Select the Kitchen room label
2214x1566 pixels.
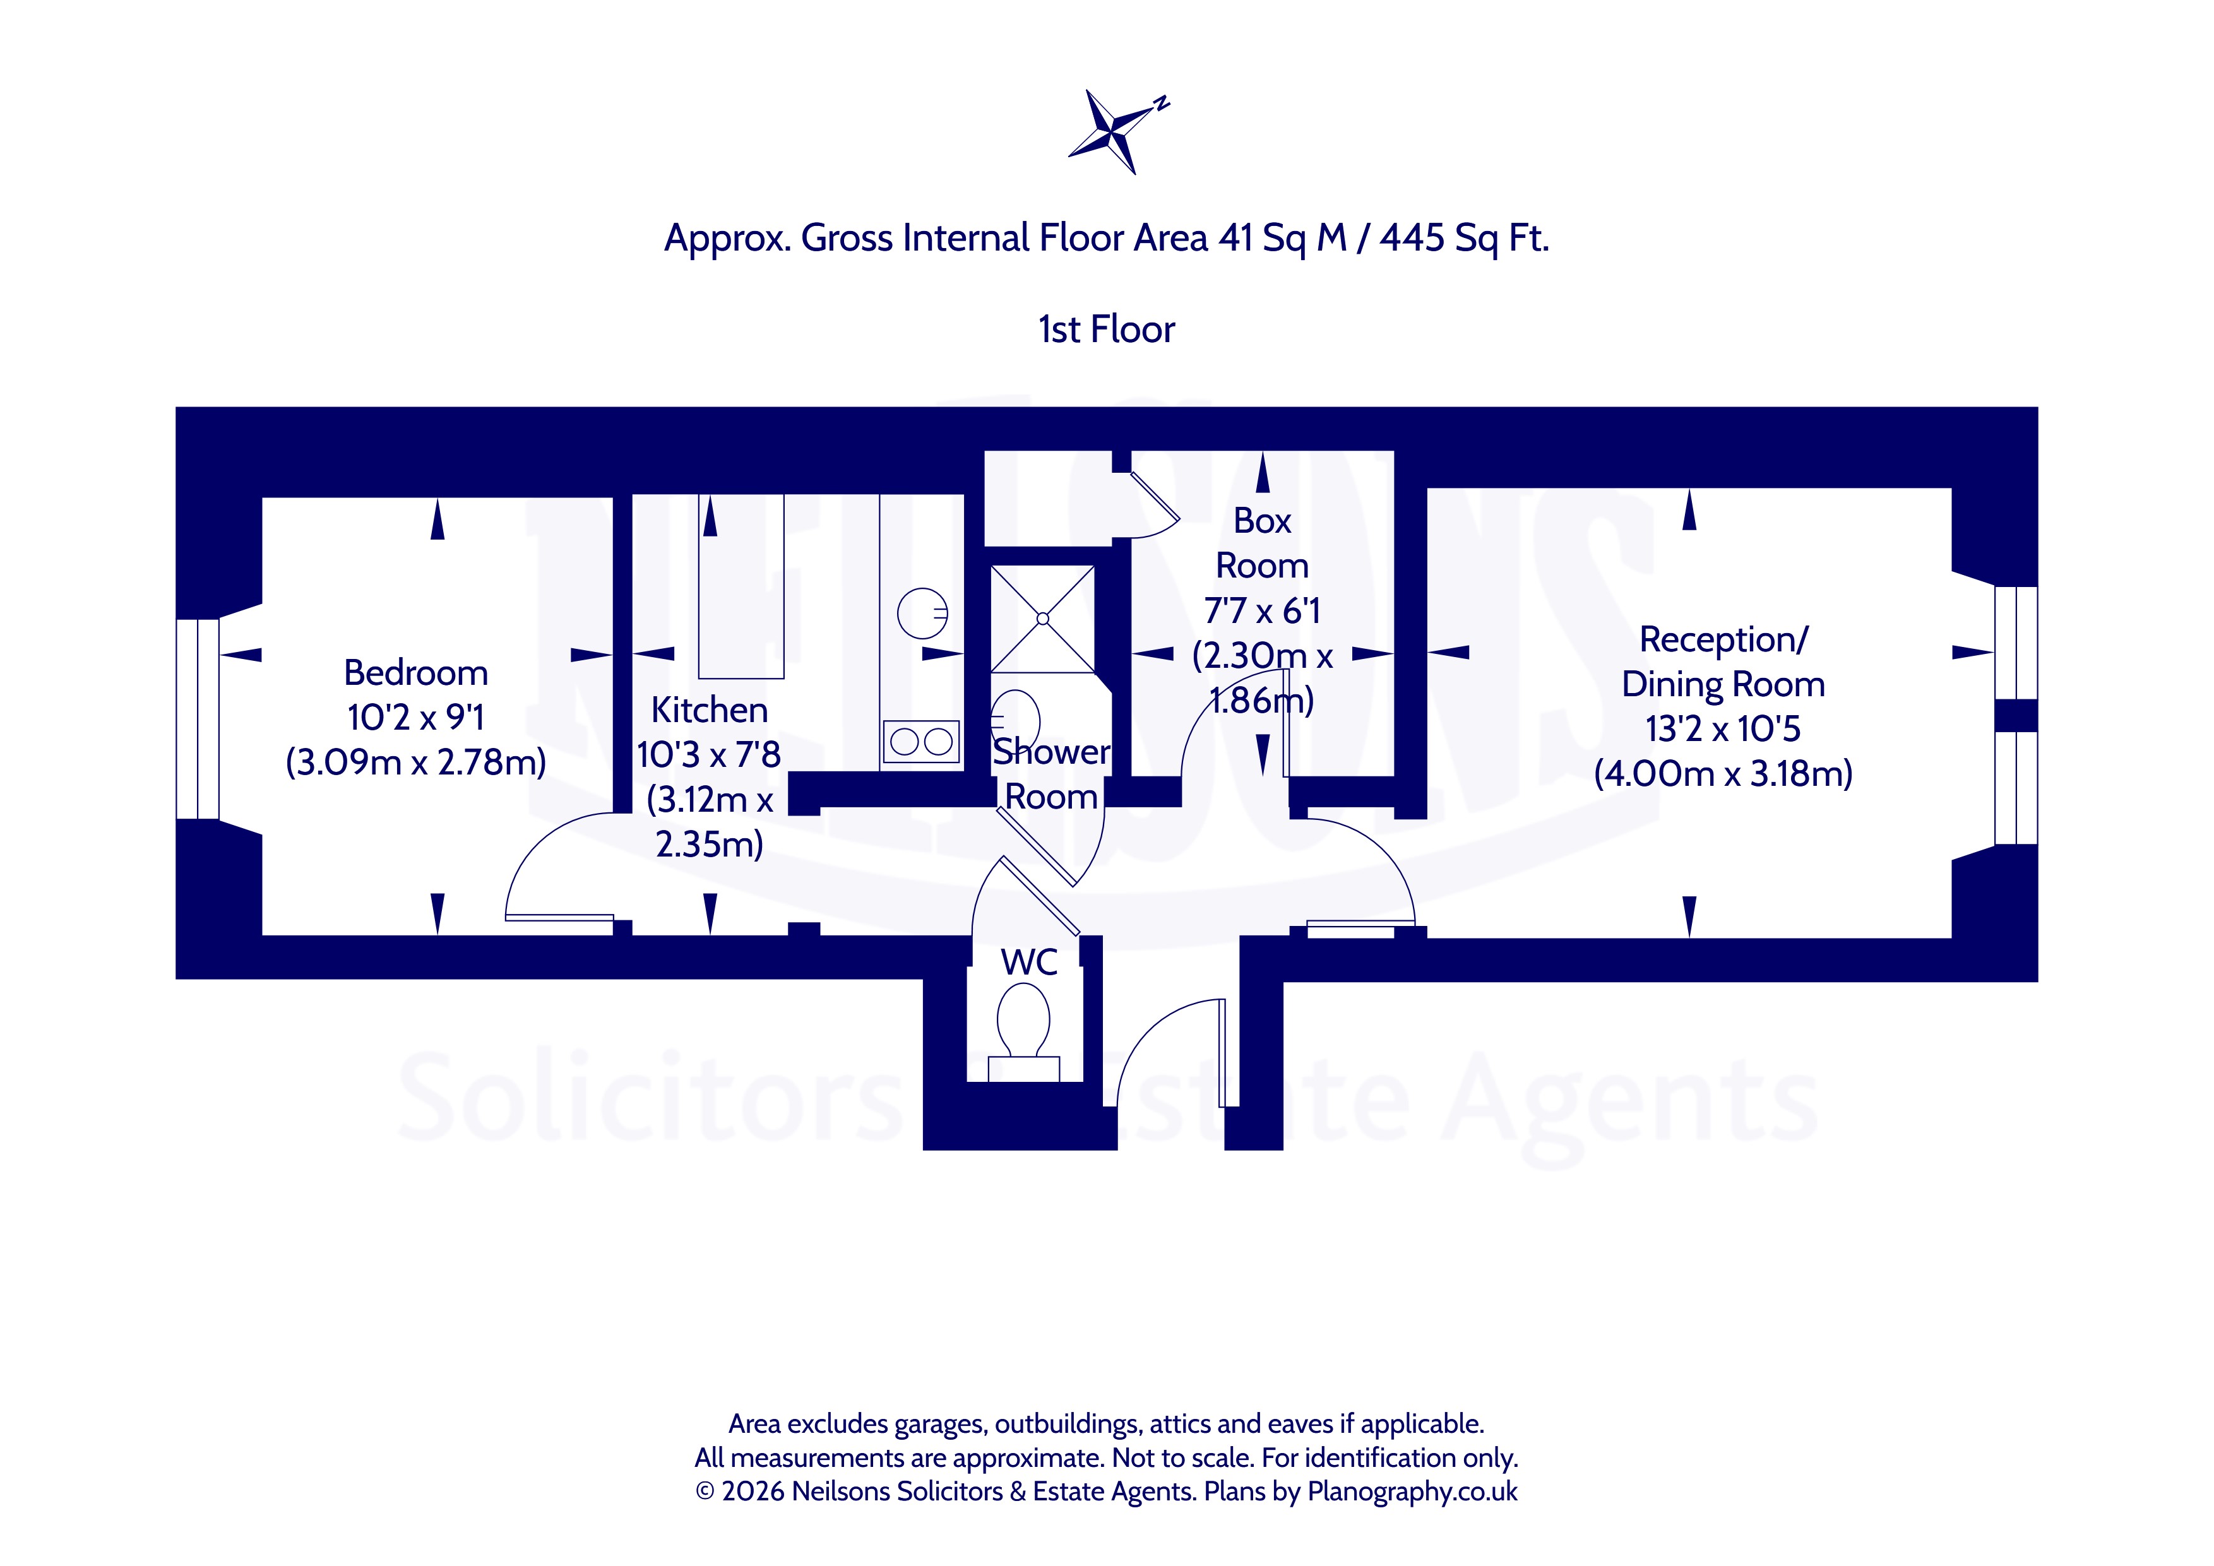(x=710, y=709)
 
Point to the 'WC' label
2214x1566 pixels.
(x=1029, y=963)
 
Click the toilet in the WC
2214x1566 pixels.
(x=1023, y=1030)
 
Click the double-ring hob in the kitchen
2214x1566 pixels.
(x=922, y=742)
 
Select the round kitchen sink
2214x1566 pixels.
(x=923, y=614)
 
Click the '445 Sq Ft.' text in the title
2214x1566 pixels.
(x=1464, y=237)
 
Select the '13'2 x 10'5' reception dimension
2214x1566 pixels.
(x=1723, y=729)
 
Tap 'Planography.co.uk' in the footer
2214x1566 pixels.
(x=1413, y=1492)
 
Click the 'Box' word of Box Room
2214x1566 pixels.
(x=1262, y=521)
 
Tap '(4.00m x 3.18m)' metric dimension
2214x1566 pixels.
(x=1723, y=773)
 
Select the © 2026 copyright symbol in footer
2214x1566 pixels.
(x=705, y=1492)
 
